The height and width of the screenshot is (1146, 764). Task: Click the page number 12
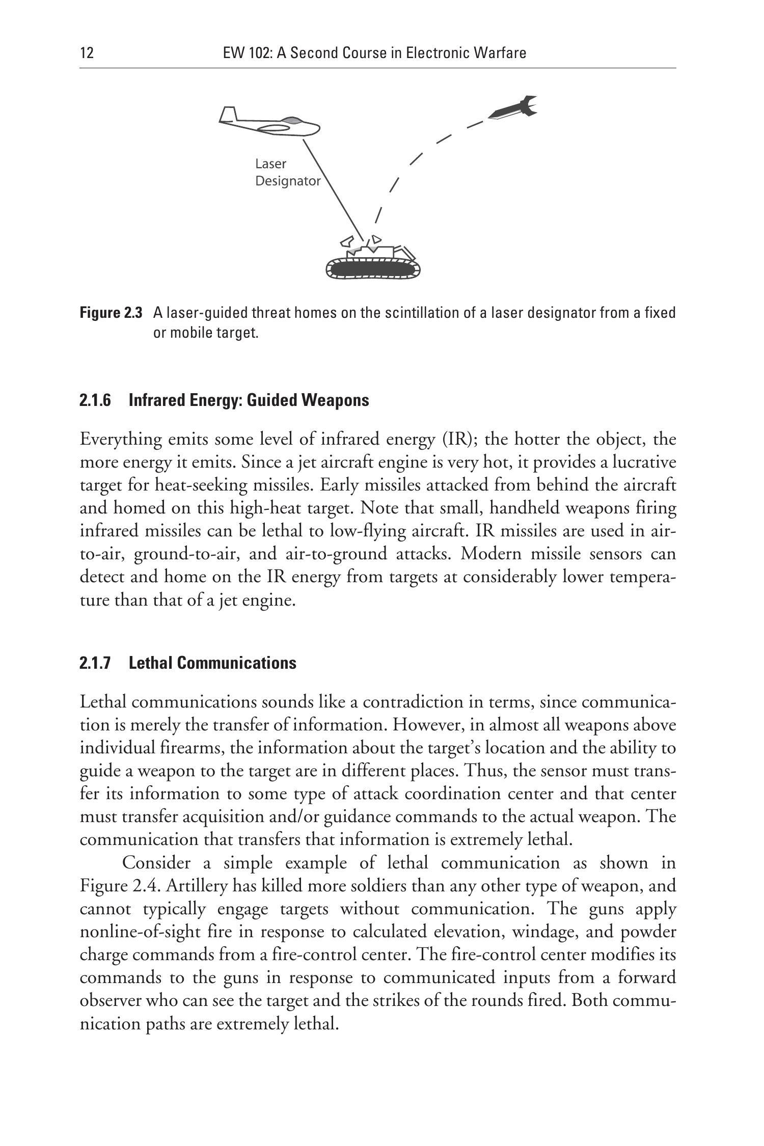point(87,53)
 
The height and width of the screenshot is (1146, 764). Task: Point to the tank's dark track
point(373,269)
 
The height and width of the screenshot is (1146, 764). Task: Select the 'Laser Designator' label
point(287,172)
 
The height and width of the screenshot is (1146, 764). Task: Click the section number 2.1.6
point(95,400)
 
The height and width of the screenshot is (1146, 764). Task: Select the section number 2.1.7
point(95,663)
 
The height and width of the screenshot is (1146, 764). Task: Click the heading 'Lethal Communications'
point(212,663)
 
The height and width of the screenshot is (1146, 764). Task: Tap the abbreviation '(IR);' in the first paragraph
point(457,439)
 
